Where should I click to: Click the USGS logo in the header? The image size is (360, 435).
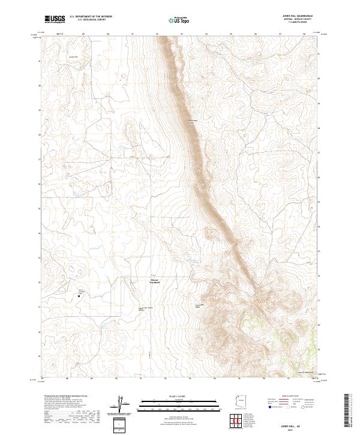point(55,19)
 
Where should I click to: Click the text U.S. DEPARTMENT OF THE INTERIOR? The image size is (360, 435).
point(91,17)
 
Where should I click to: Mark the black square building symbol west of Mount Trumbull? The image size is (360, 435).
point(80,295)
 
